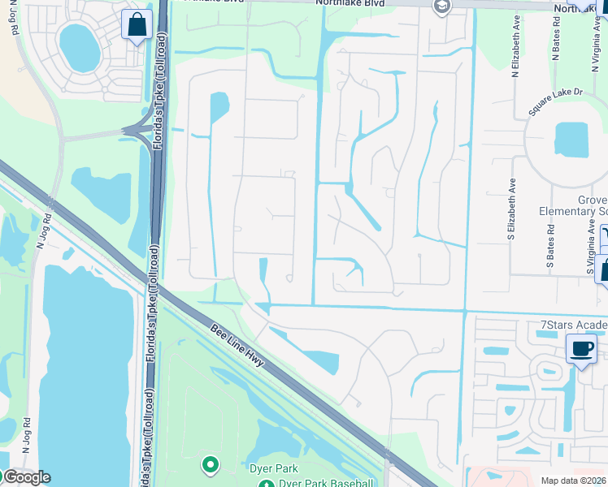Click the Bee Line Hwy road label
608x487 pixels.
tap(237, 345)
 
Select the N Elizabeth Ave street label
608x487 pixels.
tap(515, 54)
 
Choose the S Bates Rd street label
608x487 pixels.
tap(550, 242)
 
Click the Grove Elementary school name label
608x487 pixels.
tap(572, 206)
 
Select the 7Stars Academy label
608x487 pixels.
tap(574, 325)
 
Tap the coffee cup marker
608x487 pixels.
tap(581, 350)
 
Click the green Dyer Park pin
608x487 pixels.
tap(211, 465)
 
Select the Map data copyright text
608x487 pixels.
tap(573, 481)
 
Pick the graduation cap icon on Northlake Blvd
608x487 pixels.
tap(441, 7)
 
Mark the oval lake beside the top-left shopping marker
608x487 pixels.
tap(80, 47)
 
